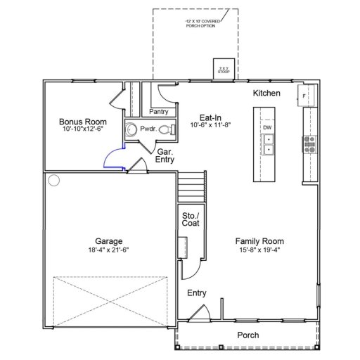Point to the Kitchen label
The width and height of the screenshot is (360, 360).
click(266, 94)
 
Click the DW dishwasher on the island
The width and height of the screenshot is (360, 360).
click(267, 127)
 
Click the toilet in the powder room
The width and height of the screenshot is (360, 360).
click(163, 129)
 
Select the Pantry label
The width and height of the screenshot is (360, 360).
click(158, 111)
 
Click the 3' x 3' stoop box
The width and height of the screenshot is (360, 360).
click(223, 68)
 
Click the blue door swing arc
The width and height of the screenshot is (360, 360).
click(110, 158)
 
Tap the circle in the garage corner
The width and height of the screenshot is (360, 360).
click(53, 181)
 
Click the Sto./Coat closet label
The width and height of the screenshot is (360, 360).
click(190, 219)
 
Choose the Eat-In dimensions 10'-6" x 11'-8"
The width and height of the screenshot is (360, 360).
click(210, 124)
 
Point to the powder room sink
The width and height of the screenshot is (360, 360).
click(131, 129)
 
